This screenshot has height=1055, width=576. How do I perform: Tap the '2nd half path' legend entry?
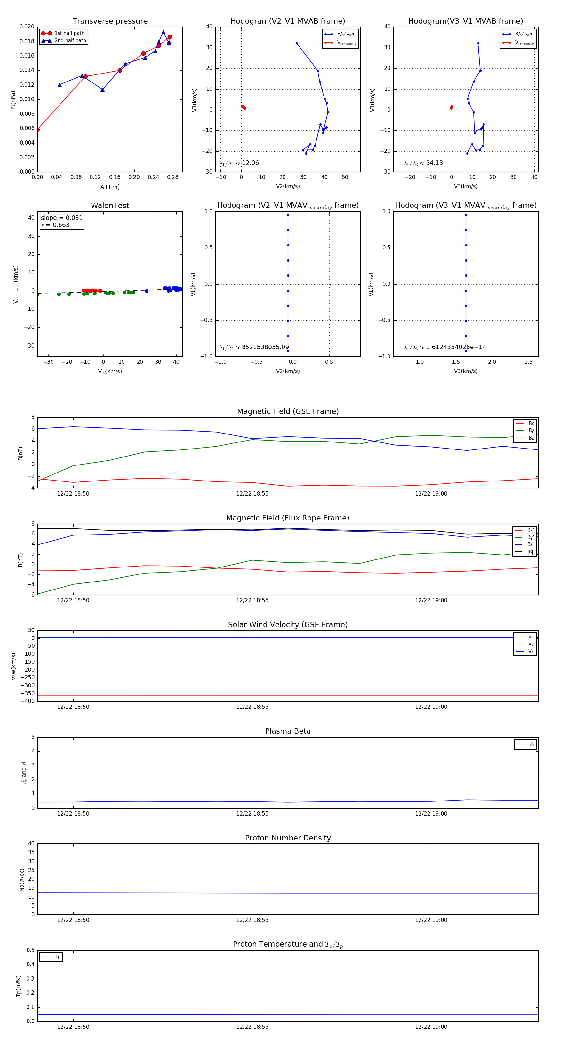point(70,41)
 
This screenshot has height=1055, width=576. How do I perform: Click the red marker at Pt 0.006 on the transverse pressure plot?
point(38,129)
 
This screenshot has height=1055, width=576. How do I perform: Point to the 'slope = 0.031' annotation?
point(61,218)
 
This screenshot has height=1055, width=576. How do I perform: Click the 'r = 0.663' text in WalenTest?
point(55,225)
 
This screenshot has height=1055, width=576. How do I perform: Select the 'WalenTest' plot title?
point(110,206)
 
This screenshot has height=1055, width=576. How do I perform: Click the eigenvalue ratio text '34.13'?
point(435,163)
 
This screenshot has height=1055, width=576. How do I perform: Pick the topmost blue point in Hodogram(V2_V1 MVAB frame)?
point(297,43)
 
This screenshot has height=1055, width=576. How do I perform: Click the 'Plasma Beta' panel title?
point(288,731)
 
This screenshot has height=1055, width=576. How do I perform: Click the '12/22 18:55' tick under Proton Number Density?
point(252,920)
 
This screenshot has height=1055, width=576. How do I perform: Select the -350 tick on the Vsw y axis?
point(28,694)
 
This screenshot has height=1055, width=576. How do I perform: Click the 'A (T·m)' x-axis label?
point(110,187)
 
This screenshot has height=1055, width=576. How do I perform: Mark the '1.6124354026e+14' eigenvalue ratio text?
point(456,347)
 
